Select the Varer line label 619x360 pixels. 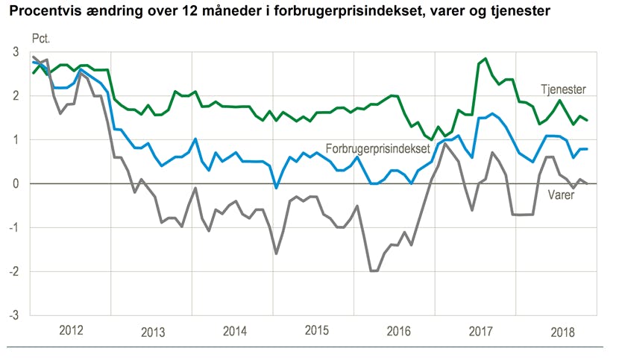tap(560, 195)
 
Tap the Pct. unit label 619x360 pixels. tap(41, 38)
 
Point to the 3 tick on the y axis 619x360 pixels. tap(16, 51)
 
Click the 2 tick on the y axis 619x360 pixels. tap(16, 95)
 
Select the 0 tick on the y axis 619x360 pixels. tap(16, 183)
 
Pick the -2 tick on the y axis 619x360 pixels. tap(13, 271)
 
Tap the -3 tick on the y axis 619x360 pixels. tap(13, 315)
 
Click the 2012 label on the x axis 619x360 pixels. tap(71, 331)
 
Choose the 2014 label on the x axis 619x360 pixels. tap(234, 331)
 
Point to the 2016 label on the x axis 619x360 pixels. tap(399, 331)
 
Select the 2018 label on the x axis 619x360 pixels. tap(563, 331)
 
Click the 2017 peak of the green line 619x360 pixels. tap(486, 58)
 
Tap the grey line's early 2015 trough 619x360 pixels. tap(276, 253)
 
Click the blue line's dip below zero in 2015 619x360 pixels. tap(276, 188)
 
